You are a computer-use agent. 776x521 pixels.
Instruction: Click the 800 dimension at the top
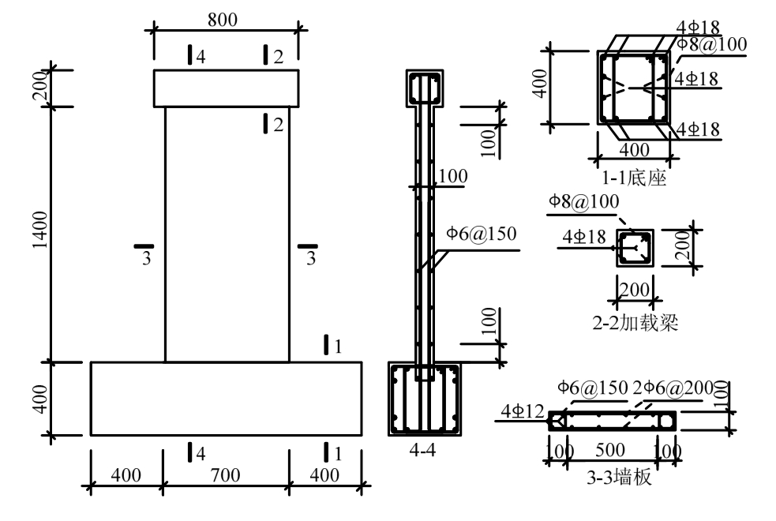pos(223,20)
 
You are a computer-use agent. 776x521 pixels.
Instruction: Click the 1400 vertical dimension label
pos(40,230)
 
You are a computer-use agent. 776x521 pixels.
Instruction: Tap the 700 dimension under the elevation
pos(226,475)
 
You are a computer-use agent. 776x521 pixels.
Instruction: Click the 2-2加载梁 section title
pos(635,323)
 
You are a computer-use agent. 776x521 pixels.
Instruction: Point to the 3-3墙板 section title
pos(619,478)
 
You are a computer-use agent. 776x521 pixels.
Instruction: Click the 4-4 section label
pos(422,450)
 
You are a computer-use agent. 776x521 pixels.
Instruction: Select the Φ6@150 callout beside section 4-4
pos(482,234)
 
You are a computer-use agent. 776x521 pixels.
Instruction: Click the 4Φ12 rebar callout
pos(523,410)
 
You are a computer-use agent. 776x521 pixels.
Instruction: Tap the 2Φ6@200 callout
pos(673,388)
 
